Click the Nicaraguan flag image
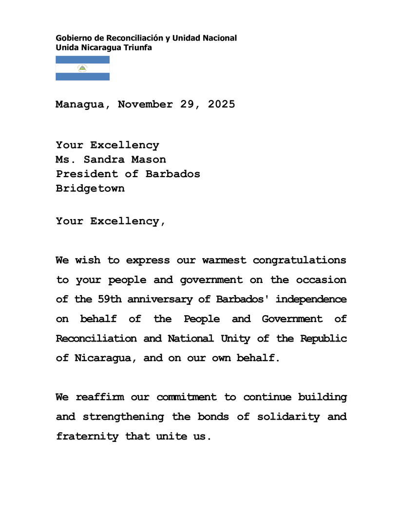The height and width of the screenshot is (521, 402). [x=82, y=68]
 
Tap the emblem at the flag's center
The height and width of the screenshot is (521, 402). [x=82, y=68]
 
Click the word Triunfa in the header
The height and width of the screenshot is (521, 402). [x=136, y=47]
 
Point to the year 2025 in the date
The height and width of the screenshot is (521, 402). [x=221, y=104]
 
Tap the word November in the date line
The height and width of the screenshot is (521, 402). [x=145, y=104]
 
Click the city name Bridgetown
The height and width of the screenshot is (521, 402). [x=90, y=188]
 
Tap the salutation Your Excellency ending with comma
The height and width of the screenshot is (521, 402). [x=111, y=221]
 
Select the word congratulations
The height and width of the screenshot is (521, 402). [x=299, y=260]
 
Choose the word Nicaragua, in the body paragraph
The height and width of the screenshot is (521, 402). [x=102, y=358]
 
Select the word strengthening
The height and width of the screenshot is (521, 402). [x=123, y=417]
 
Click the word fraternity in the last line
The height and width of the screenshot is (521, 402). [x=87, y=436]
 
